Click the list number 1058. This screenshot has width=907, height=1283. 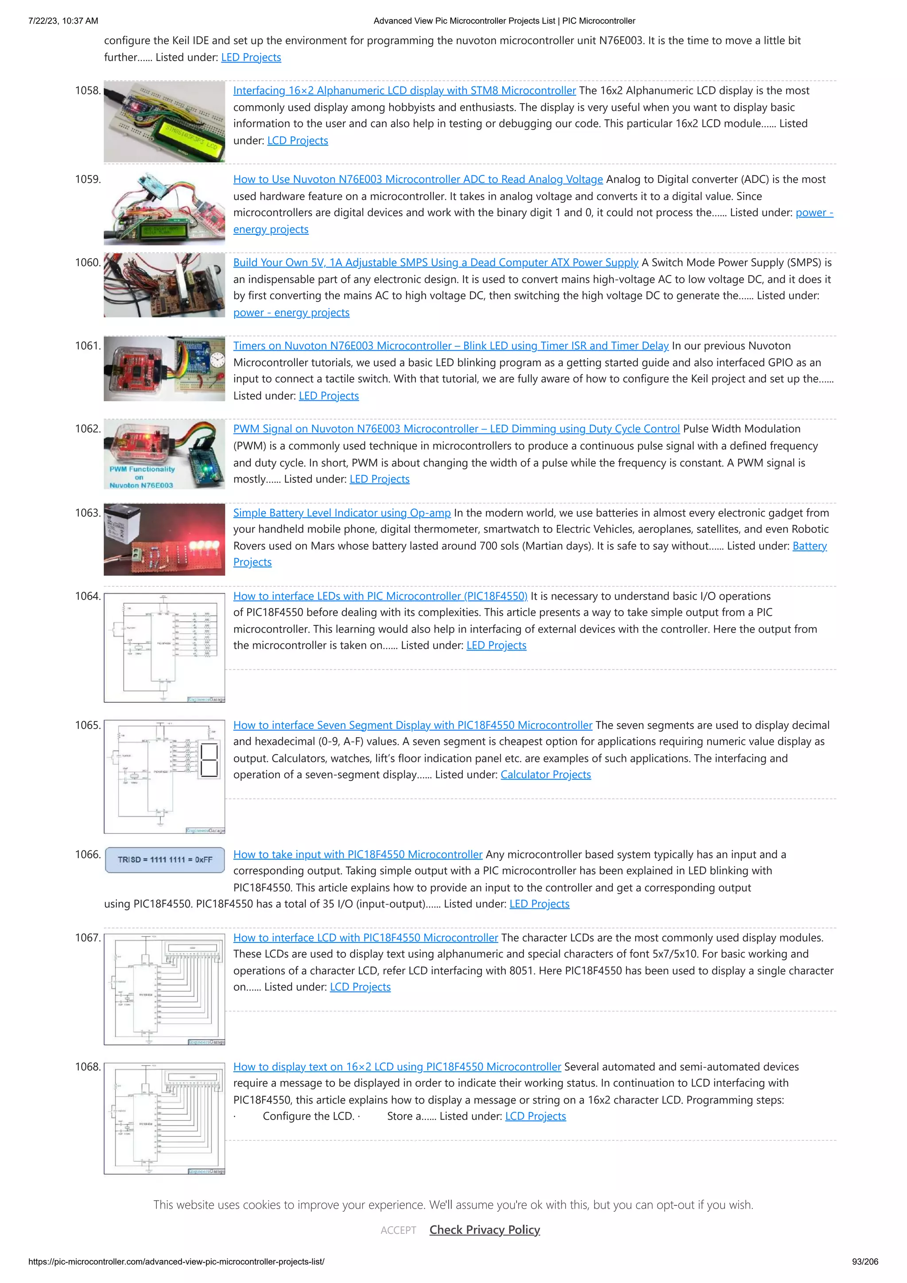(88, 90)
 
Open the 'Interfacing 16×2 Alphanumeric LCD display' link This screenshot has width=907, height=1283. (404, 90)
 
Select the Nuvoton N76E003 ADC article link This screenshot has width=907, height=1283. (418, 179)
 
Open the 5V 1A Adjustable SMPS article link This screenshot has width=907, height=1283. (435, 263)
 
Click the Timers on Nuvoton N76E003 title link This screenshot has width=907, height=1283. (450, 346)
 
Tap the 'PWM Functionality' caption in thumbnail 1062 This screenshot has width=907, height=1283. (142, 469)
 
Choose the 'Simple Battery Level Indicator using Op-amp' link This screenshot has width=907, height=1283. (341, 513)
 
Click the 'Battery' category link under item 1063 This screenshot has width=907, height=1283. (809, 546)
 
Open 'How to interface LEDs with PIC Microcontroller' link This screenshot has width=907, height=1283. (380, 596)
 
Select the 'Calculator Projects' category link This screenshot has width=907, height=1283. (546, 775)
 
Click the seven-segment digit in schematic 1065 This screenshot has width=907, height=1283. (209, 760)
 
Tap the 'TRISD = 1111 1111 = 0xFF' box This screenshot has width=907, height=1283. (165, 860)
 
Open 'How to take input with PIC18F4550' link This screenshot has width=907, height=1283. (358, 854)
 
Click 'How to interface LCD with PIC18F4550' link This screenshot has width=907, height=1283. (365, 938)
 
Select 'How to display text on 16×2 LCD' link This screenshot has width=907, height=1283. (397, 1067)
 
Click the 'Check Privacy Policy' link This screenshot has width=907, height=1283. (485, 1230)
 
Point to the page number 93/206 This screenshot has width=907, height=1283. (864, 1262)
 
